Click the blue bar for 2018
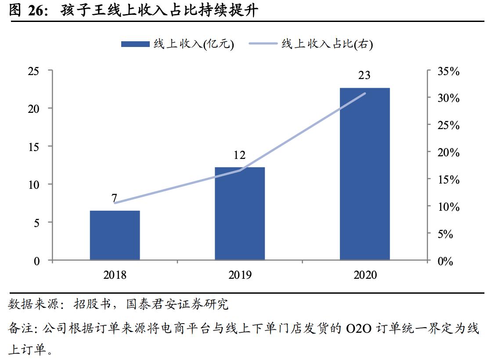click(x=115, y=235)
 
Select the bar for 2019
click(x=240, y=213)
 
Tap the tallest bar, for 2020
click(x=365, y=174)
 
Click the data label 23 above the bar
click(x=364, y=76)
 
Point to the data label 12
click(x=239, y=155)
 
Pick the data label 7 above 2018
click(x=115, y=198)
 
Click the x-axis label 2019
click(x=240, y=275)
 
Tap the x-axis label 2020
click(x=365, y=275)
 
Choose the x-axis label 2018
click(x=115, y=275)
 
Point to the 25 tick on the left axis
click(x=34, y=71)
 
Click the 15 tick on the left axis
click(x=34, y=147)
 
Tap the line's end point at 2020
click(x=365, y=93)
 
